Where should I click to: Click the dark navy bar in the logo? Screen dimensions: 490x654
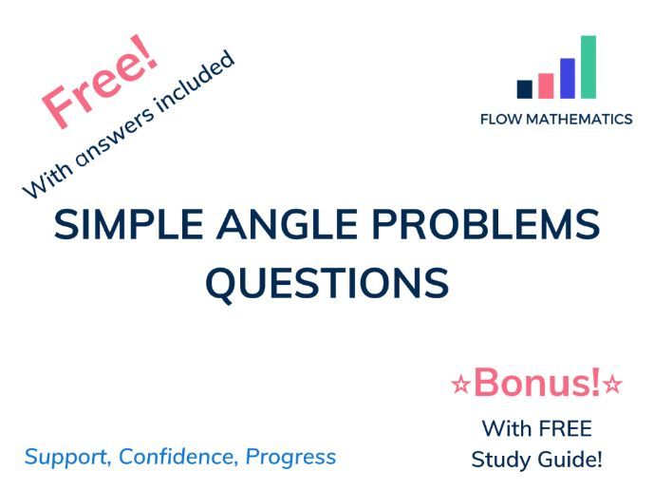point(524,88)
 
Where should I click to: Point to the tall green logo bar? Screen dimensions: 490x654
point(589,66)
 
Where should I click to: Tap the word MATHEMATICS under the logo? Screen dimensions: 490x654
point(579,120)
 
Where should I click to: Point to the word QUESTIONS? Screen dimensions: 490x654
point(327,282)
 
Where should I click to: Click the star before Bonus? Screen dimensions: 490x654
point(460,385)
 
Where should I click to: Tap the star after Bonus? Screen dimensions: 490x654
point(613,385)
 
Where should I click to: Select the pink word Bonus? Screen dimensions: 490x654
point(536,383)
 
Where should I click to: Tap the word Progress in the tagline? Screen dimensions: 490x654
point(290,457)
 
